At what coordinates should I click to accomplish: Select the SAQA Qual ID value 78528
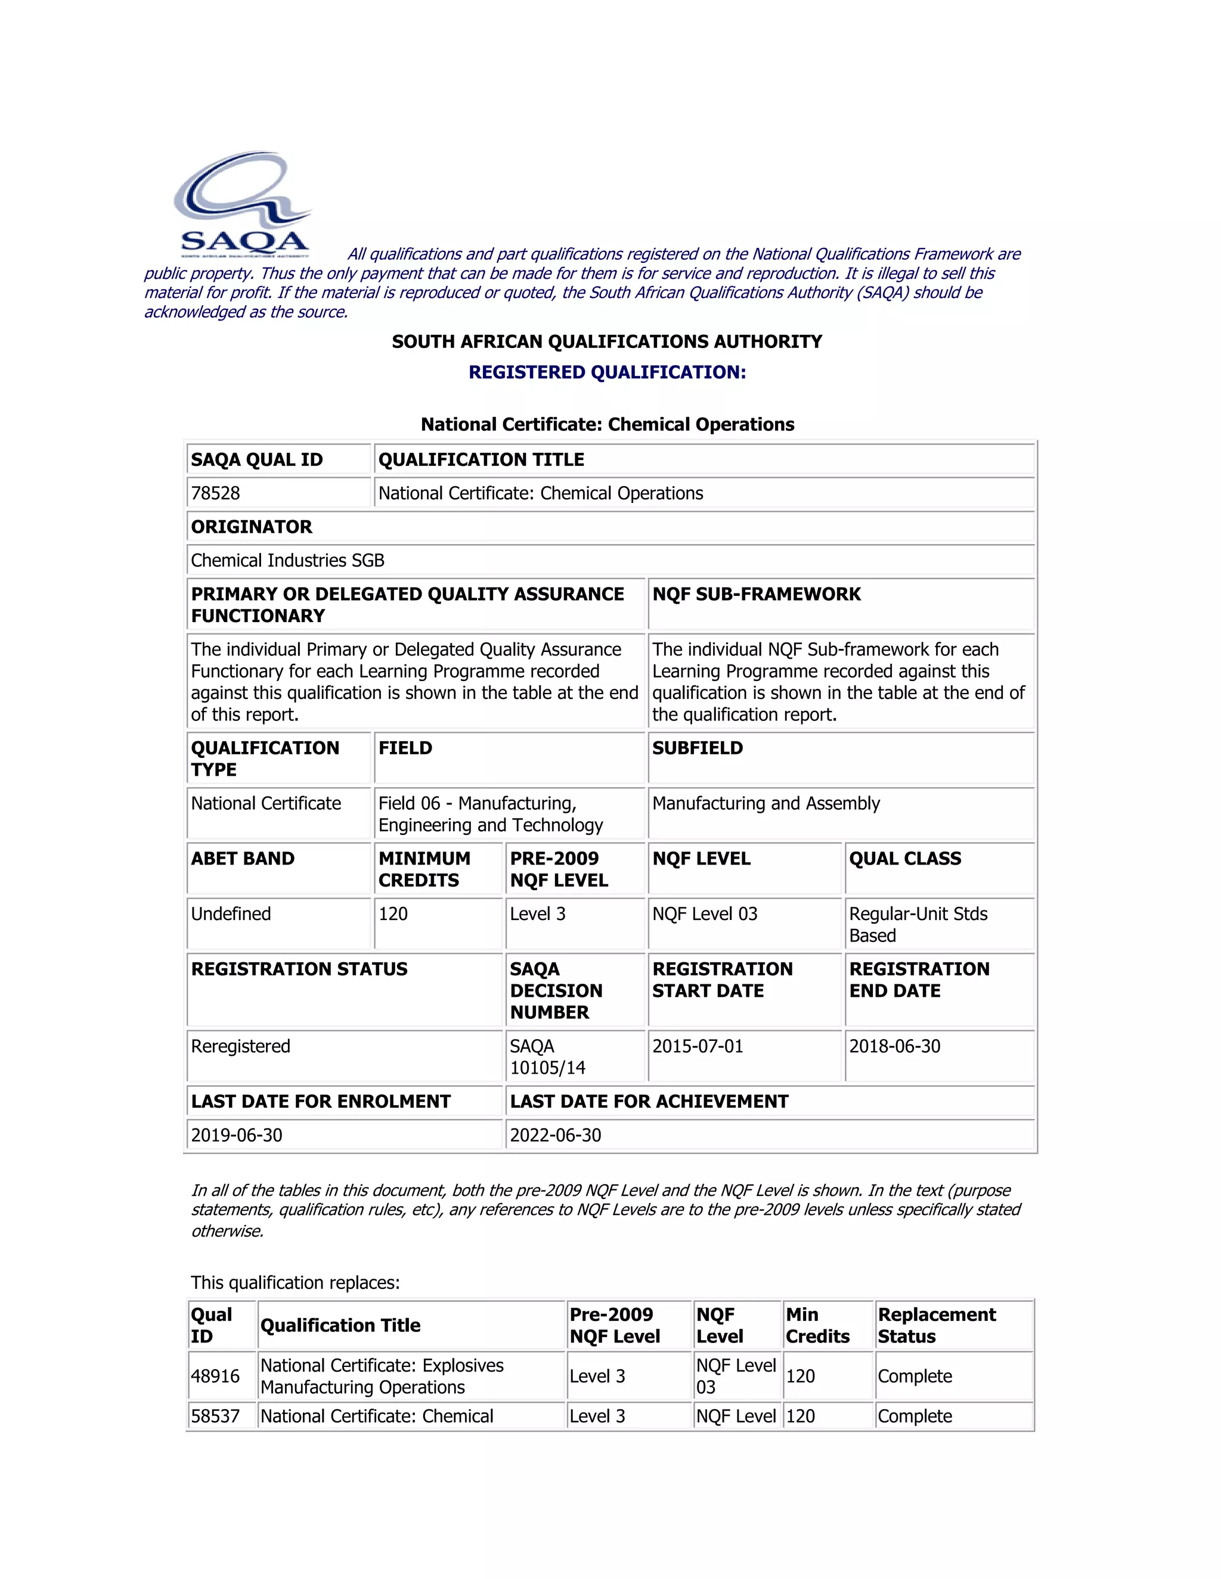pos(216,493)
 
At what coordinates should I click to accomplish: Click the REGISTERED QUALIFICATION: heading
pos(607,372)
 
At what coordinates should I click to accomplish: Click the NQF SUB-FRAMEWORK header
pos(756,594)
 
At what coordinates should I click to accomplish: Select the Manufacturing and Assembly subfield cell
pos(766,803)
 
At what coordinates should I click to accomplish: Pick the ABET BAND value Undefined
pos(231,914)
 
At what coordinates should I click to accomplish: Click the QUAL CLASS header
pos(905,859)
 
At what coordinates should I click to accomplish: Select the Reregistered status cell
pos(240,1046)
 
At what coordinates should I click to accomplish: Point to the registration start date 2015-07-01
pos(698,1046)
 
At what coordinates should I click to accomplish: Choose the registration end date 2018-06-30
pos(894,1046)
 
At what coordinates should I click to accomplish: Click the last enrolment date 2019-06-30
pos(237,1135)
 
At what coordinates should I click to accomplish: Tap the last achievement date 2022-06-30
pos(556,1135)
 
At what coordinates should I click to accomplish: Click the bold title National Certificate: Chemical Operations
pos(607,424)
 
